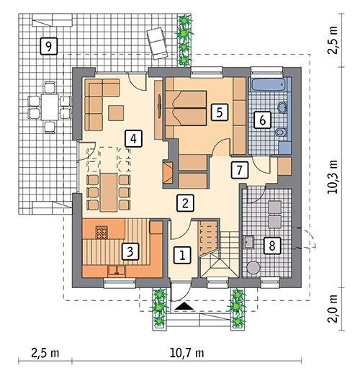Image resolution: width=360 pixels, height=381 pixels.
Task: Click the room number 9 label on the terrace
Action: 48,45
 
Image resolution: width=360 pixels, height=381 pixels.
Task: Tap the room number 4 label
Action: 133,138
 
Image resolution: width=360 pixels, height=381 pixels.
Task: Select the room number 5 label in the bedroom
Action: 220,112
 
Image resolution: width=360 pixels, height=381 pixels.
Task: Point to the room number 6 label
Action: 262,120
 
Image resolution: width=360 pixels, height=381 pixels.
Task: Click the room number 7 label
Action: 240,170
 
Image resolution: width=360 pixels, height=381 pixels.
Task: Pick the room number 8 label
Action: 272,246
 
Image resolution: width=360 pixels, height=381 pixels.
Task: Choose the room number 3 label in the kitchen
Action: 130,251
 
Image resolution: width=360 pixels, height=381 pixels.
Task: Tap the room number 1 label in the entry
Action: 182,255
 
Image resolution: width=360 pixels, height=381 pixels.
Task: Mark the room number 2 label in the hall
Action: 185,203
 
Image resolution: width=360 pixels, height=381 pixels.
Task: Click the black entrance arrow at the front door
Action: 184,306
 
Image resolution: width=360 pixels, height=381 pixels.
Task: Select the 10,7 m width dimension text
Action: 186,353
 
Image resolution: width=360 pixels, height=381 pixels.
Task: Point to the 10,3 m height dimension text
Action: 333,177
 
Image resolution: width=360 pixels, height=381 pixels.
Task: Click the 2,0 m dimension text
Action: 333,308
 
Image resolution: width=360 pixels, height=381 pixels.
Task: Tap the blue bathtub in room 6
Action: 270,84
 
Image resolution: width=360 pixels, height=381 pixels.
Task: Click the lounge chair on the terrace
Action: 157,43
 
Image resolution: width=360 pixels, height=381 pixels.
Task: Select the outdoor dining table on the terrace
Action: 50,107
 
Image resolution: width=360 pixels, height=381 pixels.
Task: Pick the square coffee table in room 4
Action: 116,113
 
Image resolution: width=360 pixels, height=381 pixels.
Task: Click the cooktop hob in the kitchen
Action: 102,233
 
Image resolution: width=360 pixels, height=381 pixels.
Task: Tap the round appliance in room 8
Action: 253,267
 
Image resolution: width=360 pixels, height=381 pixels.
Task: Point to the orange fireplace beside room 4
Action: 168,173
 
